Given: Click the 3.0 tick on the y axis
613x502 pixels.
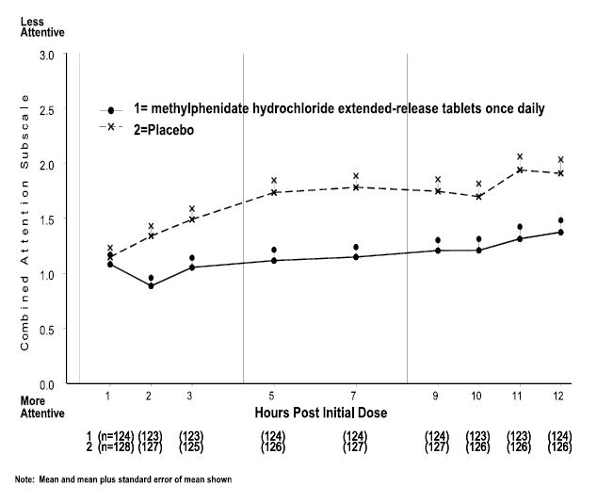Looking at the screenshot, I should click(x=46, y=55).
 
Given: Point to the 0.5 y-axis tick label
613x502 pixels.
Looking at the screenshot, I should click(x=46, y=330).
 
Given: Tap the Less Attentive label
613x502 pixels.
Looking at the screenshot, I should click(x=42, y=26).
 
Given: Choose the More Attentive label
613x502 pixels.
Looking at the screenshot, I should click(x=42, y=406).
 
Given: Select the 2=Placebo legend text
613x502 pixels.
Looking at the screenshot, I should click(x=164, y=130).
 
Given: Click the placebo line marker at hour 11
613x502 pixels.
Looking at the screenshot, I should click(x=519, y=170).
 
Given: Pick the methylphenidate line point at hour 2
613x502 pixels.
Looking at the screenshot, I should click(x=150, y=285).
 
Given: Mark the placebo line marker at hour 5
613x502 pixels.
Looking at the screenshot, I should click(x=273, y=192).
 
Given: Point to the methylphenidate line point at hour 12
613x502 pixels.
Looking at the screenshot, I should click(x=560, y=232).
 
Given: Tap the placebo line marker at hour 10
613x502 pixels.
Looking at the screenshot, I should click(x=478, y=197).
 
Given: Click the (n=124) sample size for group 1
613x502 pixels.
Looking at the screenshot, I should click(x=115, y=436).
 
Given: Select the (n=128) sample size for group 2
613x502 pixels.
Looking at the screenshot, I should click(x=115, y=447).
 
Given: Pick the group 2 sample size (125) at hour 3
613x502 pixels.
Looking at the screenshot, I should click(x=190, y=447).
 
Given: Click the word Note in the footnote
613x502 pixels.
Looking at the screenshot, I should click(x=24, y=479).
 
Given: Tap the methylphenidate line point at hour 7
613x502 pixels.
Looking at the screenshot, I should click(x=355, y=256).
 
